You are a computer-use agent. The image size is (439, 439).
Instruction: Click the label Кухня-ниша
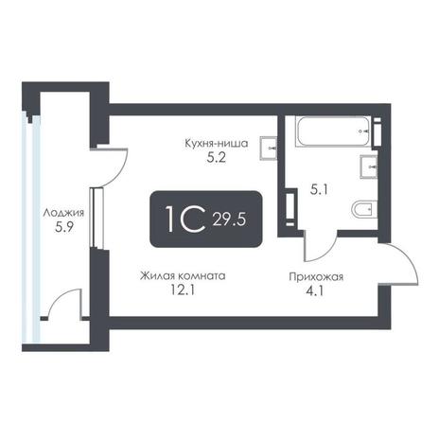pos(217,144)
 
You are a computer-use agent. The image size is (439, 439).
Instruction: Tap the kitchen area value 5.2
pos(217,157)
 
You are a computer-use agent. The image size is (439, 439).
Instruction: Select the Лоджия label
pos(63,213)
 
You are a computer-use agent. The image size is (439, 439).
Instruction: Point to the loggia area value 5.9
pos(64,227)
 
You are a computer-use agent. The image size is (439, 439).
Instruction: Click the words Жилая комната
pos(183,276)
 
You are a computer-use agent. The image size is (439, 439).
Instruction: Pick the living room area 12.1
pos(183,290)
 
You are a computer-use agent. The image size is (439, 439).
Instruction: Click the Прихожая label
pos(316,277)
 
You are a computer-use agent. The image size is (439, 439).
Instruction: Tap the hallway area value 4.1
pos(315,290)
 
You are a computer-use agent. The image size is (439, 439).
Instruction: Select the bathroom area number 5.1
pos(319,190)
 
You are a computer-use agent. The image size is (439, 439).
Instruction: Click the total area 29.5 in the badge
pos(229,219)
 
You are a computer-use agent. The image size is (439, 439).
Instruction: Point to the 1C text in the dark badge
pos(185,219)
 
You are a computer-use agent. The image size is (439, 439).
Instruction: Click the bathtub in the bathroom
pos(333,132)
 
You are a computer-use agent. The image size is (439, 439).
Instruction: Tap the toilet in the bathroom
pos(364,209)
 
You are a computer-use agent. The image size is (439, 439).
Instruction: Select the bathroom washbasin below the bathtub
pos(369,167)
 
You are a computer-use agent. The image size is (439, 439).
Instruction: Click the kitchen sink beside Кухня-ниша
pos(269,149)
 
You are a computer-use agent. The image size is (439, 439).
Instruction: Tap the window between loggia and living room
pos(97,218)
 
